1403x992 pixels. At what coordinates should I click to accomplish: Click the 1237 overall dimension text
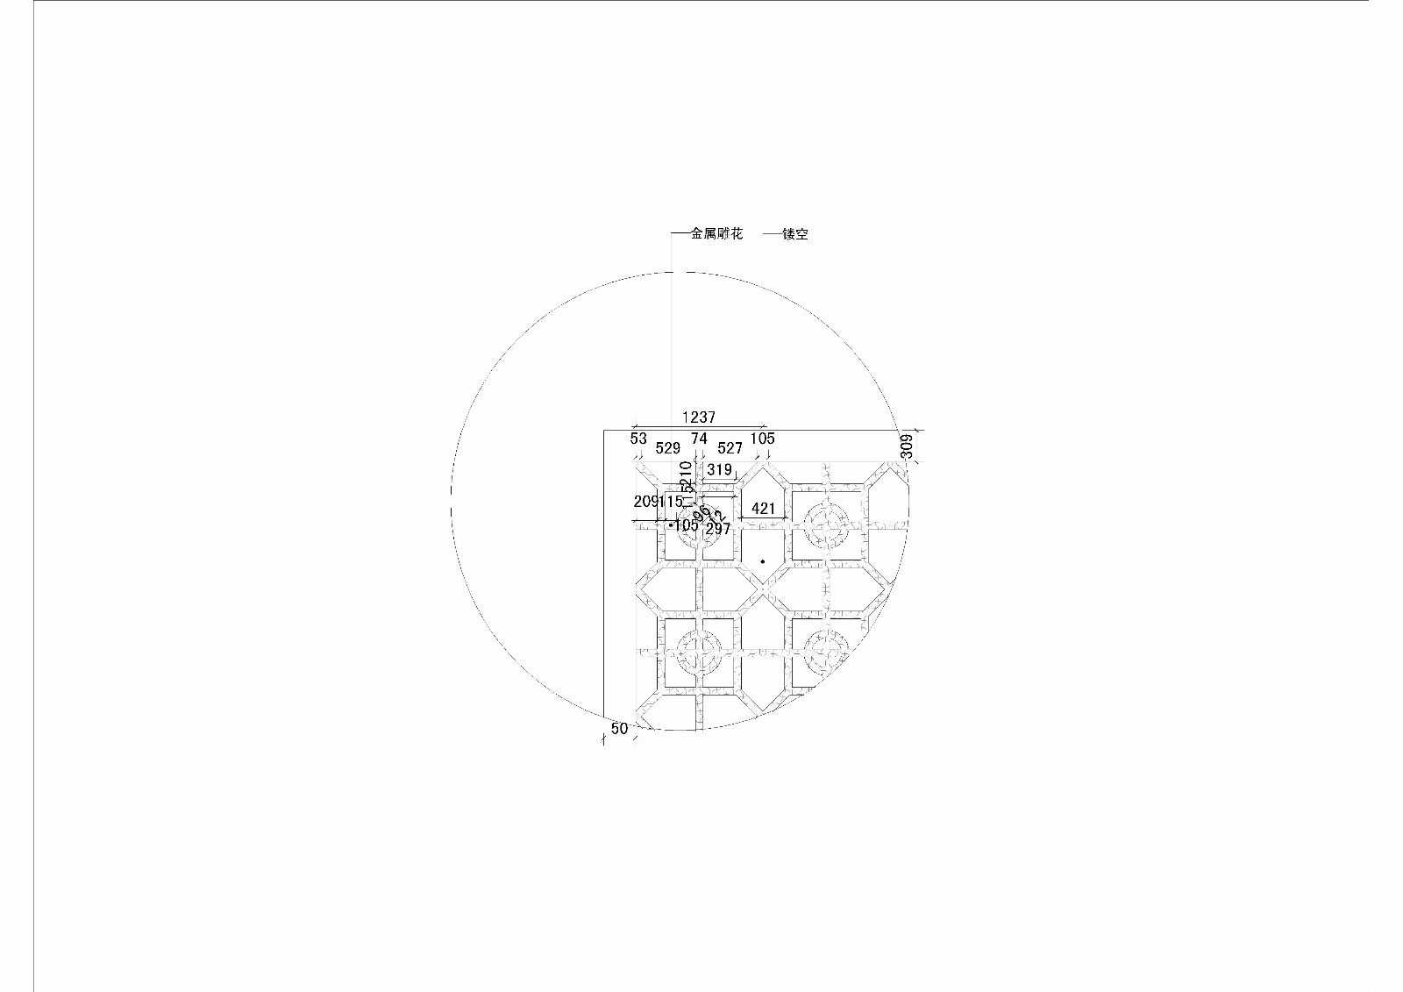coord(699,417)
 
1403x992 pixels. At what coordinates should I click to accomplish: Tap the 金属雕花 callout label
coord(716,234)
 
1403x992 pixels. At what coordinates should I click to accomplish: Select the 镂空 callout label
coord(795,234)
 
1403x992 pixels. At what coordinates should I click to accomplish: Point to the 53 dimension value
coord(638,439)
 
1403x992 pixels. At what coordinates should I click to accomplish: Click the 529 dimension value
coord(668,448)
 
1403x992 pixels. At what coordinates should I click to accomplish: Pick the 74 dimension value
coord(699,439)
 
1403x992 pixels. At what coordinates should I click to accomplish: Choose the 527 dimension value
coord(730,448)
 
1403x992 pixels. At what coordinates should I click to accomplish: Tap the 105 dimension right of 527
coord(762,439)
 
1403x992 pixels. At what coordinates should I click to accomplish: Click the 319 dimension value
coord(719,470)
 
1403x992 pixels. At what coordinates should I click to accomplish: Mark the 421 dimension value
coord(763,509)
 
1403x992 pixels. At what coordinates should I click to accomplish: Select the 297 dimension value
coord(717,529)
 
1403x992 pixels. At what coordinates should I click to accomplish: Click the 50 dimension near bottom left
coord(619,729)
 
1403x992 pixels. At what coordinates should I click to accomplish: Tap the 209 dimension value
coord(645,502)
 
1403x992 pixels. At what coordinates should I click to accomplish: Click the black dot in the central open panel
coord(763,561)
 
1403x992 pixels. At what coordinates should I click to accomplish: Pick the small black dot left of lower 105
coord(671,525)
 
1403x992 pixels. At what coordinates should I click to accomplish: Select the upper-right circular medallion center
coord(827,526)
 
